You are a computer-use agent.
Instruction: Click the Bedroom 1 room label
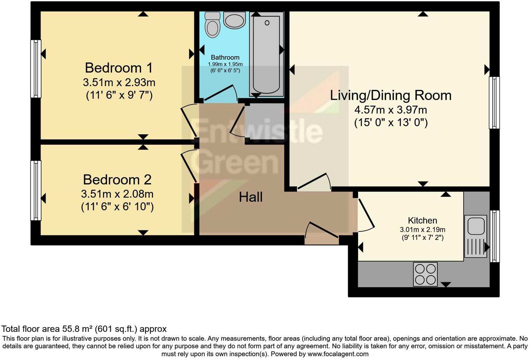119,68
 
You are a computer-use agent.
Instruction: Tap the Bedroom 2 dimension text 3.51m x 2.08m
118,194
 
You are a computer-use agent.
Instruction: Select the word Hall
251,197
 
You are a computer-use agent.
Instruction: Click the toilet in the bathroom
212,25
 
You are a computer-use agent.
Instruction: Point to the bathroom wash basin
234,20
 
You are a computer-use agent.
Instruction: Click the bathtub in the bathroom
266,54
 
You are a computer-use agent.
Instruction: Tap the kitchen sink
476,236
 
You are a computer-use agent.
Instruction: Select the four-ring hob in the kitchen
425,274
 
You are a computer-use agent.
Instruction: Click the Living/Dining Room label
391,95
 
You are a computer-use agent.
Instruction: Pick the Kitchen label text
422,220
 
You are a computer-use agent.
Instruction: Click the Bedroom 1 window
36,69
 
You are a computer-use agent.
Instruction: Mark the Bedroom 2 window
36,190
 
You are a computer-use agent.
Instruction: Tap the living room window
494,103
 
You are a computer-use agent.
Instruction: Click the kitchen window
495,236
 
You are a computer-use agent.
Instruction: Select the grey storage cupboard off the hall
265,121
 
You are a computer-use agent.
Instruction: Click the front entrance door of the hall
321,233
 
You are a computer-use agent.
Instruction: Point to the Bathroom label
225,58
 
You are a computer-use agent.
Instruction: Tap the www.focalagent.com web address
338,354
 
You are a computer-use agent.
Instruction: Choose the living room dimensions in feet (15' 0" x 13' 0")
391,122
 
